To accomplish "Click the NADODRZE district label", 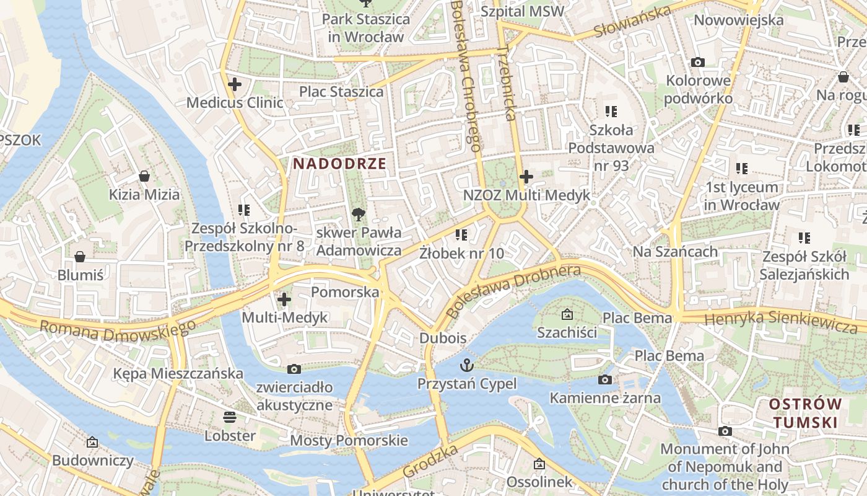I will click(339, 164).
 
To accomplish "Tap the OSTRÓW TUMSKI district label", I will click(805, 414).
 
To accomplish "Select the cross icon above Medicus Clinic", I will click(235, 84).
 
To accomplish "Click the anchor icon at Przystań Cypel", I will click(466, 365).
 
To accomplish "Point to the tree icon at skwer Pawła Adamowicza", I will click(358, 215).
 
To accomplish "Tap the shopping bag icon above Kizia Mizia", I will click(144, 176).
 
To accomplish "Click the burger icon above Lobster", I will click(230, 417).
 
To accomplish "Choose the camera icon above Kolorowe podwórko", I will click(698, 62).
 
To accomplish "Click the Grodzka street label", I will click(430, 461).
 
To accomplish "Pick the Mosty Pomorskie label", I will click(349, 441).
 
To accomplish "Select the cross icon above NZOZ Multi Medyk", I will click(526, 177).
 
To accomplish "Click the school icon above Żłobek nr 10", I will click(461, 234).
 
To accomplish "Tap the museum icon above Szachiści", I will click(567, 314).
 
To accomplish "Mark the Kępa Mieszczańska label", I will click(178, 374).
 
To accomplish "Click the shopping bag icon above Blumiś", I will click(80, 257).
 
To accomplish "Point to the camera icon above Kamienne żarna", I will click(605, 379).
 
